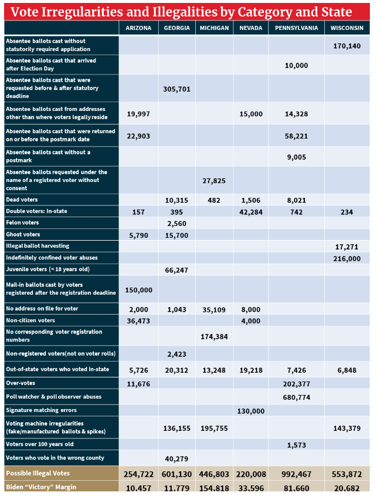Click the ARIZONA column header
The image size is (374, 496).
pyautogui.click(x=138, y=28)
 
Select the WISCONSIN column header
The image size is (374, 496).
pyautogui.click(x=346, y=28)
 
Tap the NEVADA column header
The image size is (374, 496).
pyautogui.click(x=251, y=28)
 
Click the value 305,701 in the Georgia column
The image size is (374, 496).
pyautogui.click(x=176, y=89)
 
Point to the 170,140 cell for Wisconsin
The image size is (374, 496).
pyautogui.click(x=346, y=45)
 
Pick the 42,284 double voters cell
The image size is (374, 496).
pyautogui.click(x=251, y=211)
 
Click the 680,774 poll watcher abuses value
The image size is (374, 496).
pyautogui.click(x=296, y=397)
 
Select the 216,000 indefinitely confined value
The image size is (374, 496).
pyautogui.click(x=346, y=258)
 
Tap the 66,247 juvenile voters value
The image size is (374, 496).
pyautogui.click(x=176, y=269)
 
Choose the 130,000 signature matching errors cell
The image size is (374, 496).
pyautogui.click(x=251, y=411)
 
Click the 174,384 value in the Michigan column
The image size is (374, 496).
pyautogui.click(x=214, y=336)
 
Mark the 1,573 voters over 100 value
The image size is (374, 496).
pyautogui.click(x=296, y=444)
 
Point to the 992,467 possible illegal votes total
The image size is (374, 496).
pyautogui.click(x=296, y=474)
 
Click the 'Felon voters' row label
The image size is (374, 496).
pyautogui.click(x=22, y=223)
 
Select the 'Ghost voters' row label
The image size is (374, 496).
pyautogui.click(x=22, y=234)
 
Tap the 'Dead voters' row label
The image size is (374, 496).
pyautogui.click(x=22, y=200)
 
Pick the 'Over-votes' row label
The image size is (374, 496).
pyautogui.click(x=21, y=383)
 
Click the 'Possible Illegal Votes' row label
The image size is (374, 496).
pyautogui.click(x=38, y=473)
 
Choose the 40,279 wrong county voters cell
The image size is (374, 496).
pyautogui.click(x=176, y=458)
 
